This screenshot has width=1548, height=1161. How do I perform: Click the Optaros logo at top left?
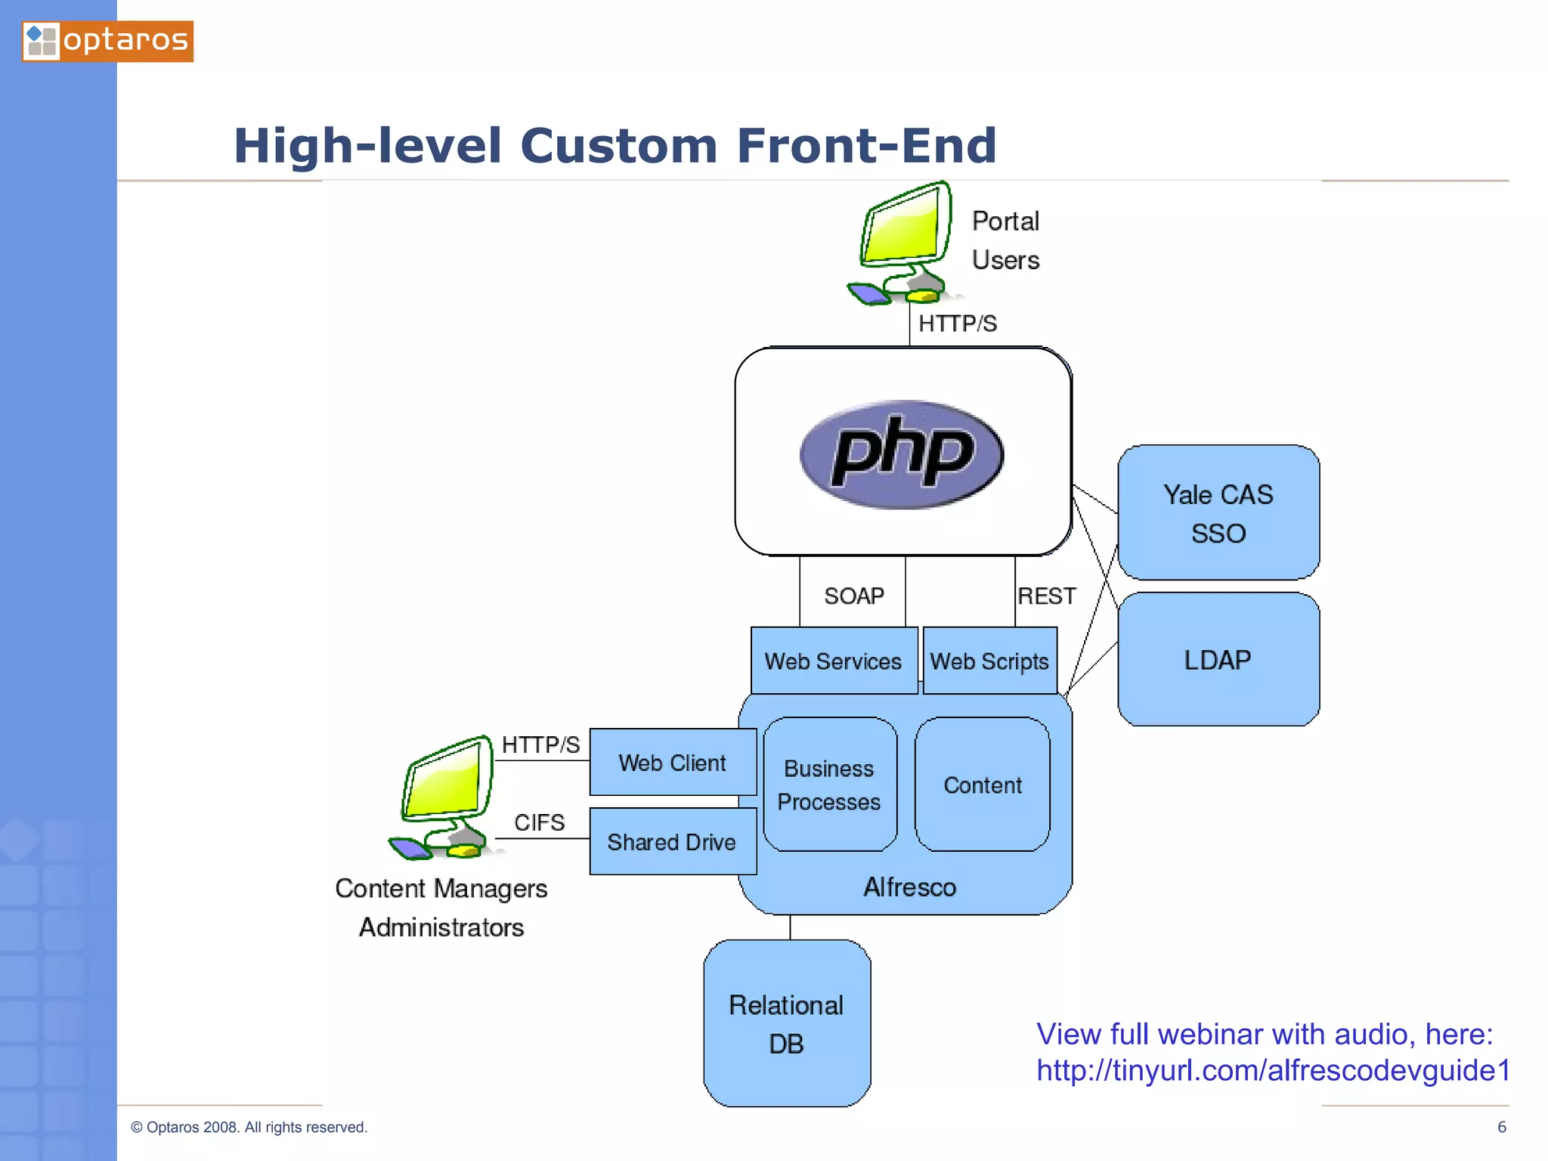point(107,41)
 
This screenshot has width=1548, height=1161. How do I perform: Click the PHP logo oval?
point(901,454)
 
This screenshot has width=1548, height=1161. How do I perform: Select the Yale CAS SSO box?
point(1218,513)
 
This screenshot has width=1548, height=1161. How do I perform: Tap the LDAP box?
point(1218,660)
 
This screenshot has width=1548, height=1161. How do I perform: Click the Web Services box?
point(833,661)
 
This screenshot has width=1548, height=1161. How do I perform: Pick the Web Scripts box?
point(989,661)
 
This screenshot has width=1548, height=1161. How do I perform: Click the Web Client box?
point(672,763)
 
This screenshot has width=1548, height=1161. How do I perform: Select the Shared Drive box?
point(672,842)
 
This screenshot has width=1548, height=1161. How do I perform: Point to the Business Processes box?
point(829,785)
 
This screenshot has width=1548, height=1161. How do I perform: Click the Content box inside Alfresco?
point(982,785)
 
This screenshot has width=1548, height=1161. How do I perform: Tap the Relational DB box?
point(786,1023)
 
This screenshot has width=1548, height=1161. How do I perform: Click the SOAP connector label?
point(854,596)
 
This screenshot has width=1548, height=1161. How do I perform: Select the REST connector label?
point(1046,596)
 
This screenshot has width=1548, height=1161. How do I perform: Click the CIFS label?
point(539,822)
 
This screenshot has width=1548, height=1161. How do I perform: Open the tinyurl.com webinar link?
point(1272,1070)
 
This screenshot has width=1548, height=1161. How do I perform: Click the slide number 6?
point(1502,1127)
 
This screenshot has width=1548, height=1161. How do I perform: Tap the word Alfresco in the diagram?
point(909,887)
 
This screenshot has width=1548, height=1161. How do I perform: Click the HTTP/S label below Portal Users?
point(957,324)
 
